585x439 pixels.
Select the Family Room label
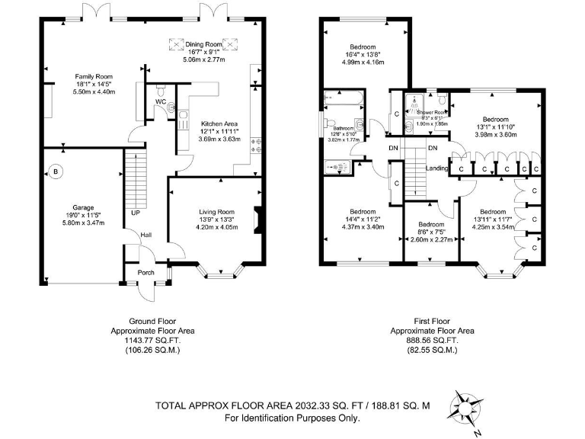93,76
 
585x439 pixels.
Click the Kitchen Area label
219,123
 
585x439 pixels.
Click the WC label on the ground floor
161,101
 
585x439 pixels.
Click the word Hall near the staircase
145,236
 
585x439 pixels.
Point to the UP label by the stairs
135,213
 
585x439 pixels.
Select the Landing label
436,168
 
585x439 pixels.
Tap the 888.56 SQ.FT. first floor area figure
432,341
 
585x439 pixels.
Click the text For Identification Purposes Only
292,418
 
